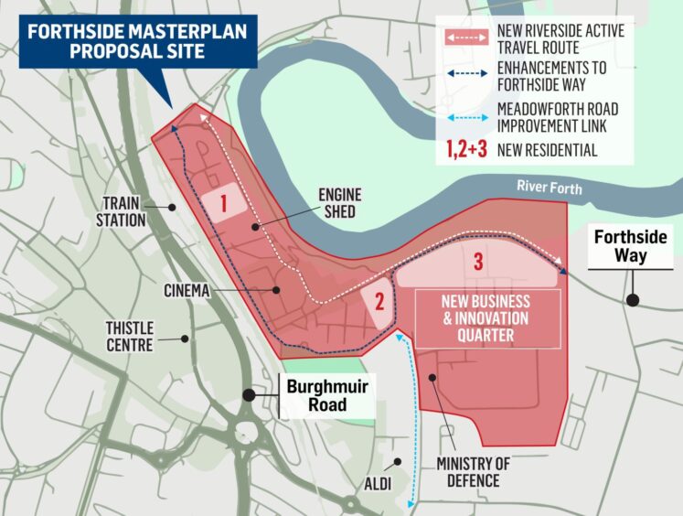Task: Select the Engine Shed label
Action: (x=338, y=202)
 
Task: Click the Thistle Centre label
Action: (x=129, y=336)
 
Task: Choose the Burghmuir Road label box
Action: (x=326, y=395)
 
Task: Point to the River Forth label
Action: (x=548, y=186)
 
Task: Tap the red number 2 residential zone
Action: (x=379, y=303)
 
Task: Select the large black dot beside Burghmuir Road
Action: (x=249, y=395)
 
